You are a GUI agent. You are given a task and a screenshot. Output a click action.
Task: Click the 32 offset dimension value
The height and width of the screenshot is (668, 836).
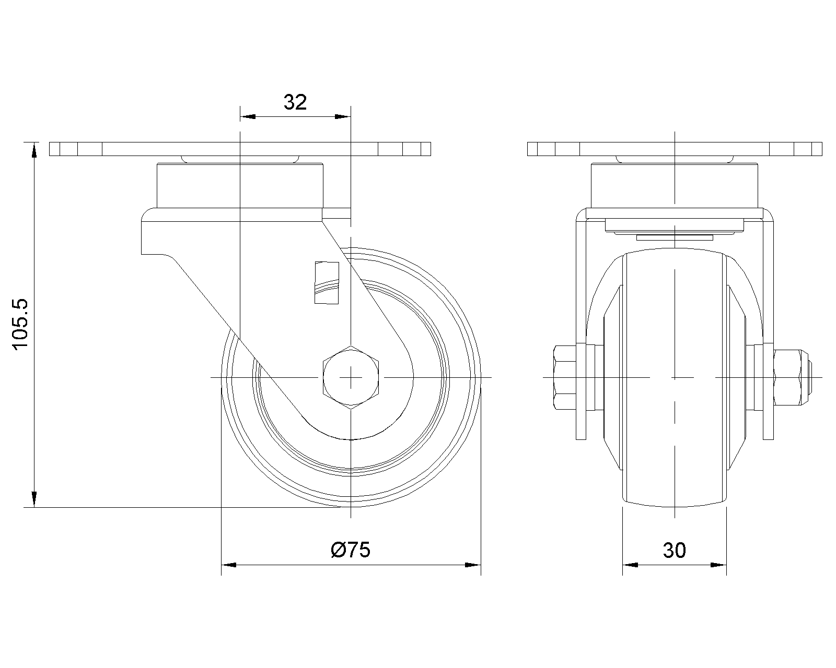click(295, 102)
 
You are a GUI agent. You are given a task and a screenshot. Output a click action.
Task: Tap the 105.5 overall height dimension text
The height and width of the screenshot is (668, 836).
click(20, 325)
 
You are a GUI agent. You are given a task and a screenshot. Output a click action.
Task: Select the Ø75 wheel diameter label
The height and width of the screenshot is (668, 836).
click(351, 550)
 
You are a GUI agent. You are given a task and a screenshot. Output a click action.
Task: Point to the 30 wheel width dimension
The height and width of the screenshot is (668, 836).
click(675, 551)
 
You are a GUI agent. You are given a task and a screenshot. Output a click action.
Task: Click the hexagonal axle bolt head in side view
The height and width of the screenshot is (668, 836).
click(351, 377)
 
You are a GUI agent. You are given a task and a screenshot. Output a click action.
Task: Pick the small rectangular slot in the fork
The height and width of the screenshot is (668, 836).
click(327, 282)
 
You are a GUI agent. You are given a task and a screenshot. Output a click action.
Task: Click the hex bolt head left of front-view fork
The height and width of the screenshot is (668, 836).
click(564, 377)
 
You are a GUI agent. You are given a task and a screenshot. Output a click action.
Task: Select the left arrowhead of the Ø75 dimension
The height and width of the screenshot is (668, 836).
click(229, 565)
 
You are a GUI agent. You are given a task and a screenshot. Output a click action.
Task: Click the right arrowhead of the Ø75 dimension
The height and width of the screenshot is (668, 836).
click(473, 565)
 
